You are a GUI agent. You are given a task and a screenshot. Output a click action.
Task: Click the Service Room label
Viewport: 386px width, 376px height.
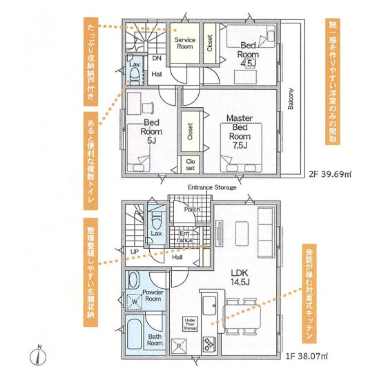coord(184,43)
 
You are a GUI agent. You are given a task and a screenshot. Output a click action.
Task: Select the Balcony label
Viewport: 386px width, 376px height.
coord(291,99)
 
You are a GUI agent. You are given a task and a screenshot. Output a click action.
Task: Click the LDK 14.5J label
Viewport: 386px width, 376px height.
coord(240,277)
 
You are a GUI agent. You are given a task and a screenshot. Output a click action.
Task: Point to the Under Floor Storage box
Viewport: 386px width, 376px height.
coord(190,324)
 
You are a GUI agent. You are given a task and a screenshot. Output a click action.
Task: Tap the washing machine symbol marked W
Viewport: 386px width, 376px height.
coord(135,302)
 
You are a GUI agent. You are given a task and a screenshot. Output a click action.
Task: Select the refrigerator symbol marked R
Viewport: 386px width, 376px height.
coord(179,346)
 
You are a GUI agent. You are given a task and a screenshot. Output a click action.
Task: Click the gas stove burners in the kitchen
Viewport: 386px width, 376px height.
coord(209,344)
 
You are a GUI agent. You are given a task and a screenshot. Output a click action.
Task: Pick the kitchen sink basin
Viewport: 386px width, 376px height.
coord(209,305)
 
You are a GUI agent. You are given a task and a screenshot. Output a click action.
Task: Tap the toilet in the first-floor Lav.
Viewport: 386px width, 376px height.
coord(156,220)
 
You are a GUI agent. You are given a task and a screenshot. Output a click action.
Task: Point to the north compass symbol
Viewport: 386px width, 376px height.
coord(38,355)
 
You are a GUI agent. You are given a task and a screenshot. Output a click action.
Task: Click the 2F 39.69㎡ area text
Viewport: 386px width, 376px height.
coord(330,174)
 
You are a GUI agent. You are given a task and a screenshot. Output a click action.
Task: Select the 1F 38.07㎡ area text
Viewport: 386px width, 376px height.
coord(307,356)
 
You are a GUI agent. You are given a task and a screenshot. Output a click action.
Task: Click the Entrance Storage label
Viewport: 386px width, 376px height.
coord(212,187)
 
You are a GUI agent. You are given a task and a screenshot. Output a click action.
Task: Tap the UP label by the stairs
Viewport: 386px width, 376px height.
coord(135,252)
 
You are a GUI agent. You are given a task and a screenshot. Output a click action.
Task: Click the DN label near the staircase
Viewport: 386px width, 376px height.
coord(157,58)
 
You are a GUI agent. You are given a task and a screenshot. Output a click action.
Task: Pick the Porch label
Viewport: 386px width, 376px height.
coord(192,209)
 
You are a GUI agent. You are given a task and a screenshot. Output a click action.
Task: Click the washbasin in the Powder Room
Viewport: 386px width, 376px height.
coord(133,280)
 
